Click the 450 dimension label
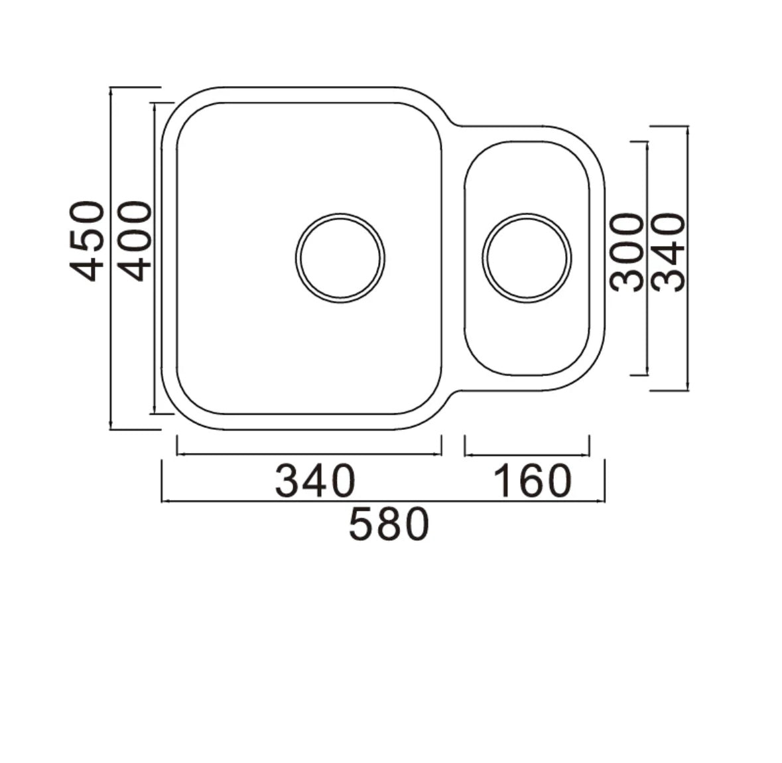pyautogui.click(x=88, y=241)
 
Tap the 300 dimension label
pyautogui.click(x=627, y=252)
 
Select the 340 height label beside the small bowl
pyautogui.click(x=667, y=252)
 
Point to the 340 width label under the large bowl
pyautogui.click(x=316, y=481)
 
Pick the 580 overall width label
pyautogui.click(x=389, y=525)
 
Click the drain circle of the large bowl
pyautogui.click(x=340, y=257)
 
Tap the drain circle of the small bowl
pyautogui.click(x=527, y=257)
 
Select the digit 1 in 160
pyautogui.click(x=502, y=481)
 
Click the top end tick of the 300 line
pyautogui.click(x=647, y=141)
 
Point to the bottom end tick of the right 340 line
pyautogui.click(x=688, y=390)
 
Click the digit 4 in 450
pyautogui.click(x=88, y=267)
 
